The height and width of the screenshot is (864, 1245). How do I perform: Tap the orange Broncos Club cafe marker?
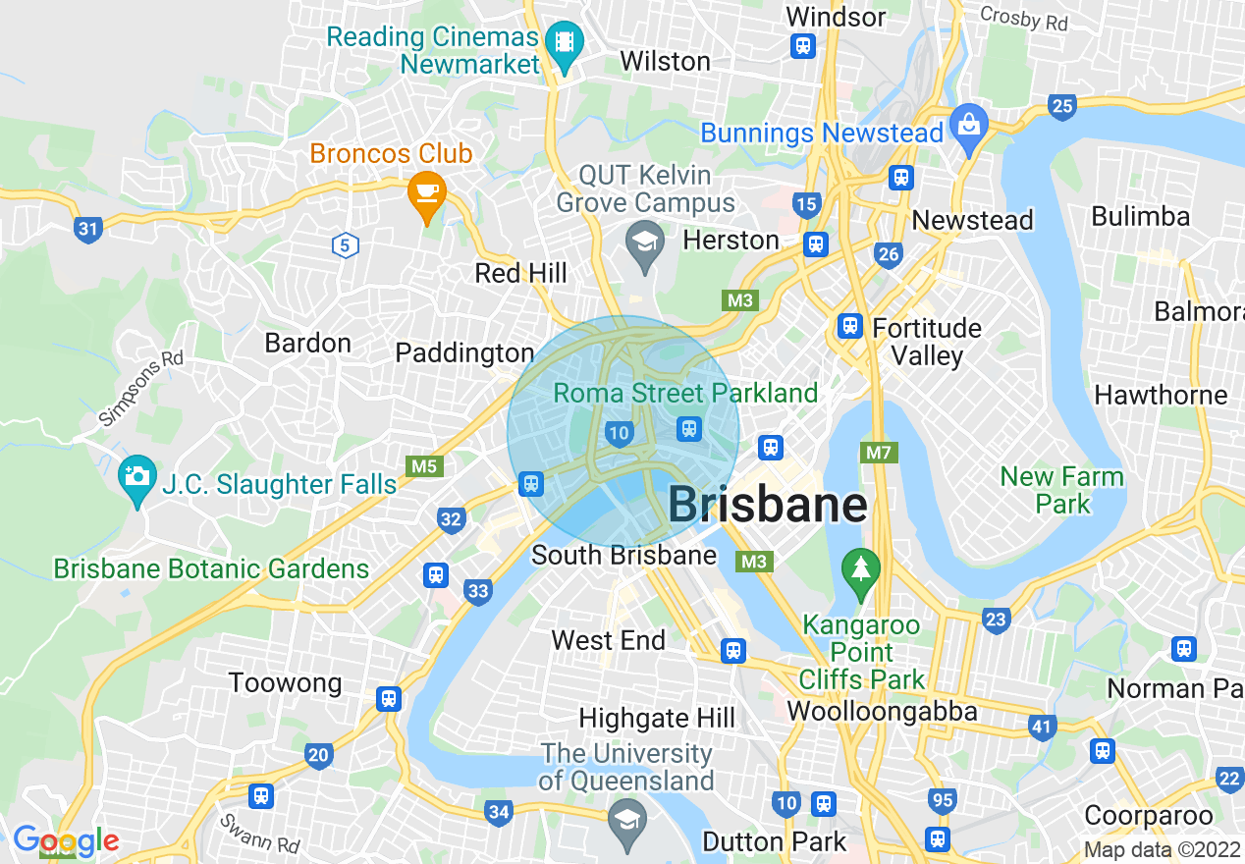(x=426, y=189)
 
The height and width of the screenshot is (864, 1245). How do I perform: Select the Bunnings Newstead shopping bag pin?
(x=969, y=126)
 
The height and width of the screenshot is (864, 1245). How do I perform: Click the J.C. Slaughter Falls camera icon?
(x=136, y=477)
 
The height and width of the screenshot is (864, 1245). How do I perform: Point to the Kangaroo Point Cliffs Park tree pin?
(x=861, y=569)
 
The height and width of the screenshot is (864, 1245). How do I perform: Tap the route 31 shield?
(x=88, y=230)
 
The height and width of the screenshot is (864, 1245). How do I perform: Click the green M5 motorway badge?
(x=423, y=466)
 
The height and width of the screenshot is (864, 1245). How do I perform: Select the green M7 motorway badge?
(x=879, y=453)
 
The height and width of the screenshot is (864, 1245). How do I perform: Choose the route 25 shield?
(x=1062, y=106)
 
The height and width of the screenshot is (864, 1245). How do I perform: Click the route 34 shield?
(x=499, y=811)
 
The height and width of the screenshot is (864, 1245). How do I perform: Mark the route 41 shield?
(x=1043, y=728)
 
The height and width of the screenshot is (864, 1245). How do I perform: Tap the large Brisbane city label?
(x=767, y=506)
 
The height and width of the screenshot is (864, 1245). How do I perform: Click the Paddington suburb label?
(x=464, y=352)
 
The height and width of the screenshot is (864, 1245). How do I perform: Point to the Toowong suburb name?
(x=285, y=683)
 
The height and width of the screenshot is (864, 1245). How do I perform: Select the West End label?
(x=609, y=641)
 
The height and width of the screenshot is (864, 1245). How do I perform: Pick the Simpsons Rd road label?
(x=140, y=389)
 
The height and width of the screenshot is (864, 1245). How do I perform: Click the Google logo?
(x=65, y=841)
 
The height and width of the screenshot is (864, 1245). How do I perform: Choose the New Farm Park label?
(x=1061, y=490)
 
